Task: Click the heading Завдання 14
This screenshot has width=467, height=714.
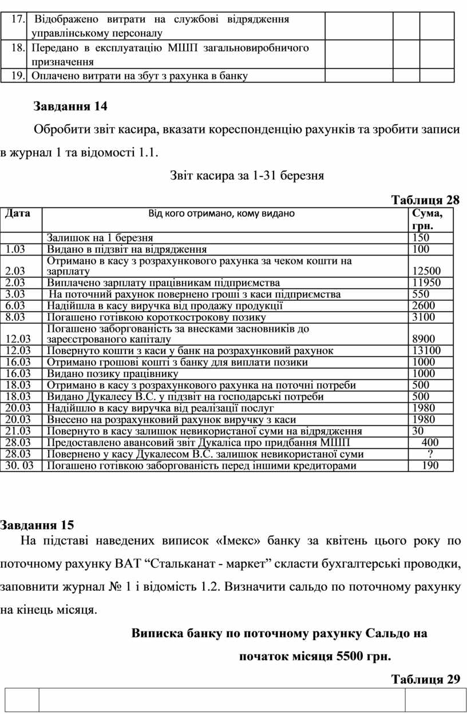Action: click(x=70, y=107)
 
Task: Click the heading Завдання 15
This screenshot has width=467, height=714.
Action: click(x=37, y=524)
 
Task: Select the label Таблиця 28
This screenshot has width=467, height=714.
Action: click(x=425, y=200)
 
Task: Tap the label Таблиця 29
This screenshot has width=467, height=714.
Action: click(x=425, y=680)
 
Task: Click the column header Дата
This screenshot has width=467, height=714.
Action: click(x=18, y=214)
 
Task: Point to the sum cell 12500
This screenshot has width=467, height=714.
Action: click(x=426, y=271)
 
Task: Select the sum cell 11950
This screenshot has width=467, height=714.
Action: click(x=426, y=283)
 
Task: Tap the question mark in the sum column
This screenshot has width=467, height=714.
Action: click(x=430, y=454)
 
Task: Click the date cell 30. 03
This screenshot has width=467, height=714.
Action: click(x=20, y=465)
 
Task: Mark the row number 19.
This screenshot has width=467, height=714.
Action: click(x=17, y=76)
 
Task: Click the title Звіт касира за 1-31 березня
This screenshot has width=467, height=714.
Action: click(x=247, y=176)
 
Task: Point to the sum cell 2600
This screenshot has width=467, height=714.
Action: click(x=424, y=305)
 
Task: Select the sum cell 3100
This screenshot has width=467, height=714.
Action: click(x=424, y=317)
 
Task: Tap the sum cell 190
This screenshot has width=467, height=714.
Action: click(x=430, y=465)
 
